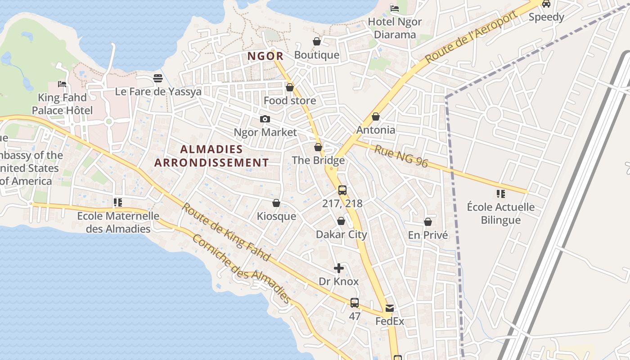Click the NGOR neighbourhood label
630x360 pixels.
point(265,56)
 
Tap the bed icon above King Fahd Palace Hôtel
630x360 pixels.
point(62,84)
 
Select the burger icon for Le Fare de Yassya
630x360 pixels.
point(157,78)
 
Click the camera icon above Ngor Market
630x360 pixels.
point(265,119)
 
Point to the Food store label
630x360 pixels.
point(290,100)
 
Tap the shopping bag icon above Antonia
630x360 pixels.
point(376,117)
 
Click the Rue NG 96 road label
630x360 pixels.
point(400,156)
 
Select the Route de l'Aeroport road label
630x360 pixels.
point(471,37)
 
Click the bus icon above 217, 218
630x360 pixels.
point(342,190)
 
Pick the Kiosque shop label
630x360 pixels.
point(276,216)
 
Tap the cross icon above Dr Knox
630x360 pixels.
point(339,269)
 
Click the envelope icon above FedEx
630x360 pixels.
point(390,308)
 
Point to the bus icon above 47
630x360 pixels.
point(355,303)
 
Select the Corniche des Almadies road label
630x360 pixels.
point(241,268)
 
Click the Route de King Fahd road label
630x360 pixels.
point(226,232)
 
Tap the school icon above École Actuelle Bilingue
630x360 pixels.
point(500,194)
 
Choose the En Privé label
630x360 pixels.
point(428,235)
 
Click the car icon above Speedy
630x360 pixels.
point(546,4)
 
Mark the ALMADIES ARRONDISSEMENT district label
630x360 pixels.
point(211,156)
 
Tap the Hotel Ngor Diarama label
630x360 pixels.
point(395,28)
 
